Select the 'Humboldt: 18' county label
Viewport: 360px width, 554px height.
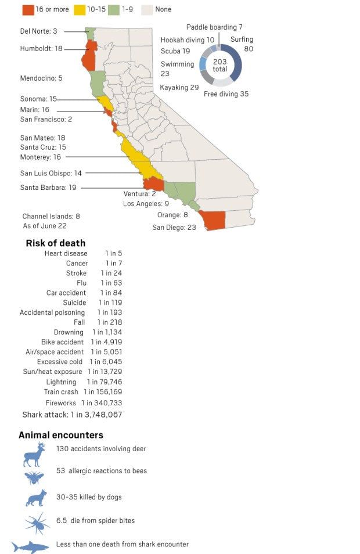pos(41,49)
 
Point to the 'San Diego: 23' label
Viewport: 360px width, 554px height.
pos(174,227)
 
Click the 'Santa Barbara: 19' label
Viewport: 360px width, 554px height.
pos(48,188)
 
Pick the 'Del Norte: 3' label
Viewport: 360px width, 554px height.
pos(39,31)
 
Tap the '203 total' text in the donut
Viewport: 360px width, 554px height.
pos(220,65)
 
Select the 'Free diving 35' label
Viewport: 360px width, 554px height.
pos(226,93)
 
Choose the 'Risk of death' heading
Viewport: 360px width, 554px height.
pos(56,243)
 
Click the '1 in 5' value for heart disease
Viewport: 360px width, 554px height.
pos(113,254)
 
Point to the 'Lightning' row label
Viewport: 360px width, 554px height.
pos(61,382)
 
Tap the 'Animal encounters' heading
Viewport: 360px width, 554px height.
pos(61,435)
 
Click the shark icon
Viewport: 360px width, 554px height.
pos(30,546)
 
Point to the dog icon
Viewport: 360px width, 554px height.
pos(35,498)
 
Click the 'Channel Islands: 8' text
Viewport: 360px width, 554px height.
pos(51,216)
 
